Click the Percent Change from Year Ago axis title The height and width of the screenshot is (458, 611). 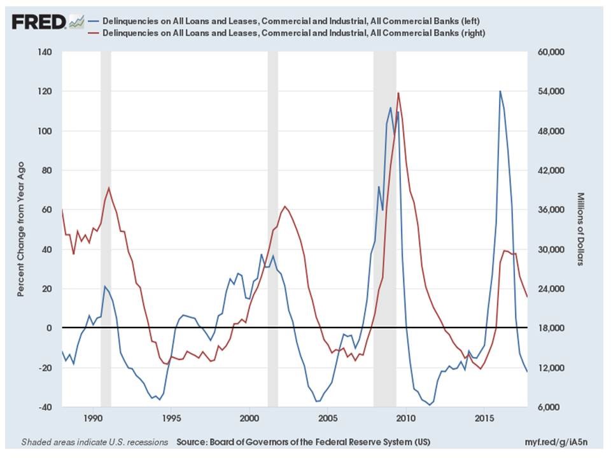coord(20,229)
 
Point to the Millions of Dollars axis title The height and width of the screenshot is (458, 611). coord(580,229)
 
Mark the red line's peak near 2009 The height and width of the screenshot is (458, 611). coord(398,93)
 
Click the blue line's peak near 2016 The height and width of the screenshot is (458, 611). coord(500,91)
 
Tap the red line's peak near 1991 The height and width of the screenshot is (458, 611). coord(109,188)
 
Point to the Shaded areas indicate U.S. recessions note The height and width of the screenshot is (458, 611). coord(95,441)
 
